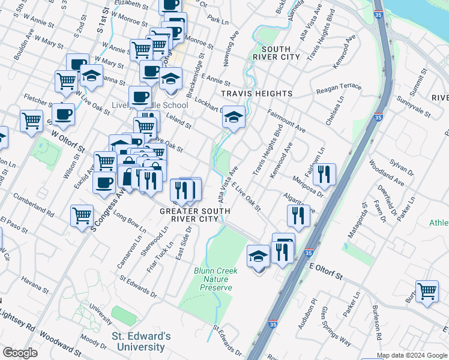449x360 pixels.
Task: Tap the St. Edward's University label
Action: [x=141, y=341]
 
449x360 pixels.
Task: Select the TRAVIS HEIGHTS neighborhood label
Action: [x=256, y=94]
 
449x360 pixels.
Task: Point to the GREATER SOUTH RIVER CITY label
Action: [x=195, y=215]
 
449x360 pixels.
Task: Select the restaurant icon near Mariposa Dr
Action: [x=324, y=174]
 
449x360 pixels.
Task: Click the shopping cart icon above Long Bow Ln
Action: [x=82, y=215]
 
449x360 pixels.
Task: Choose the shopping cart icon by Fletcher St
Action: [x=31, y=119]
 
